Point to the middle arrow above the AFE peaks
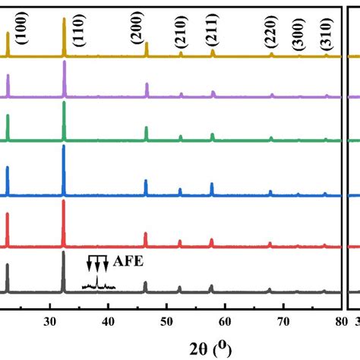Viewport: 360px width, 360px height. (x=96, y=264)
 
